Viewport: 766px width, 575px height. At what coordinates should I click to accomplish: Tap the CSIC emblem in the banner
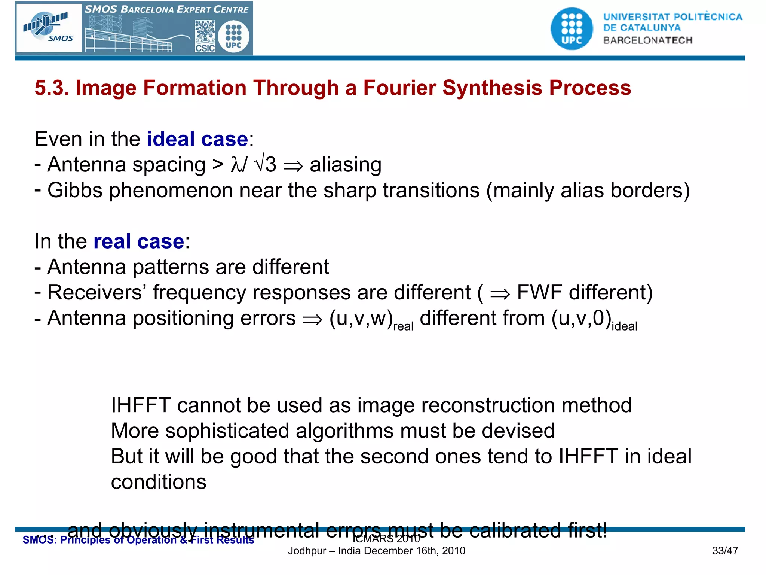(x=205, y=36)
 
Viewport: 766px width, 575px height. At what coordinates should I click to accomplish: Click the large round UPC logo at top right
(x=572, y=29)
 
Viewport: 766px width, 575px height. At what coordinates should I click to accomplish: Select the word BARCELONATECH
(x=647, y=40)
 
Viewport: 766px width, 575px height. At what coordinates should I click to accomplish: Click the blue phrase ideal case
(x=197, y=139)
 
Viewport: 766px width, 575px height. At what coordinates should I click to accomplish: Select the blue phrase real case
(x=138, y=241)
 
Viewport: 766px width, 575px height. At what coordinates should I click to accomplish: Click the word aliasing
(x=345, y=165)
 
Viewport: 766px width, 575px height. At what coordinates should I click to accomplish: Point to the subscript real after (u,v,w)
(x=403, y=326)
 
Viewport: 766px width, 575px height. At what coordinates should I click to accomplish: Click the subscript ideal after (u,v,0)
(x=624, y=326)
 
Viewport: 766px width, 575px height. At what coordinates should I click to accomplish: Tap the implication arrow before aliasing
(x=293, y=166)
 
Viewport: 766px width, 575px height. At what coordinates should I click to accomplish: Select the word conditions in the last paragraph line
(x=159, y=482)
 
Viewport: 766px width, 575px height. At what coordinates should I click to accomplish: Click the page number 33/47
(x=725, y=551)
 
